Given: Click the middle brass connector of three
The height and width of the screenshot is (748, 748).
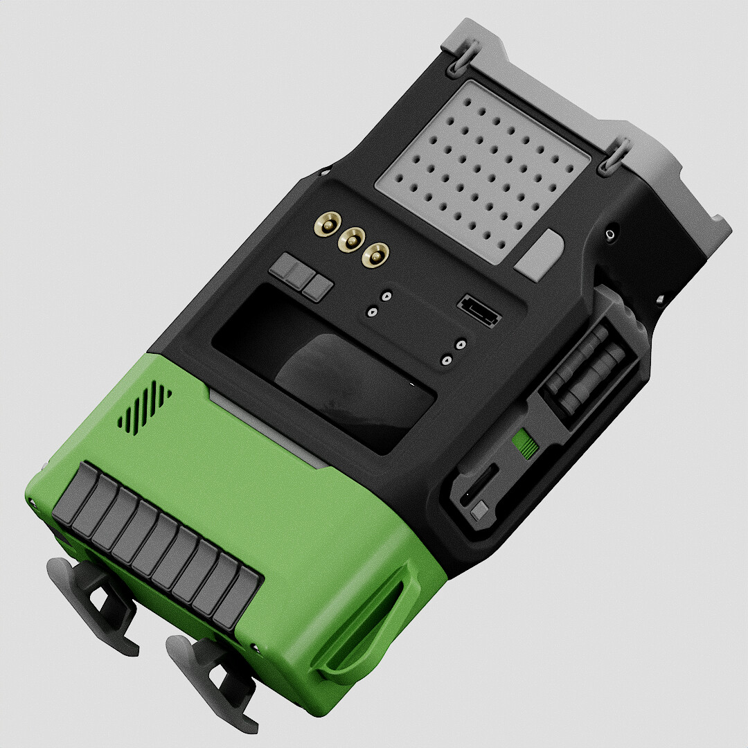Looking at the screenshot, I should pos(350,240).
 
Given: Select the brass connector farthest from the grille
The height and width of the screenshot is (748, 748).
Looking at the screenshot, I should pos(326,224).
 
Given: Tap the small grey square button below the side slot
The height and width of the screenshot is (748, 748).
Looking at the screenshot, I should pos(479,513).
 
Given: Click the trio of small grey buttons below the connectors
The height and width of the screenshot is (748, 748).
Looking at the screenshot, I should pos(302,276).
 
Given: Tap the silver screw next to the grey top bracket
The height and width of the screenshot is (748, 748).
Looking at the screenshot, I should pos(610,235).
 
